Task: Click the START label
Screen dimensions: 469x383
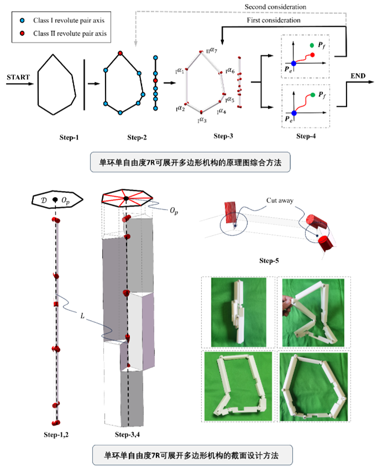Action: point(18,77)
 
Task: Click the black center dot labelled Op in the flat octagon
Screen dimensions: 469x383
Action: point(55,199)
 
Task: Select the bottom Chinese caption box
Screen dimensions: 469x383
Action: point(191,455)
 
